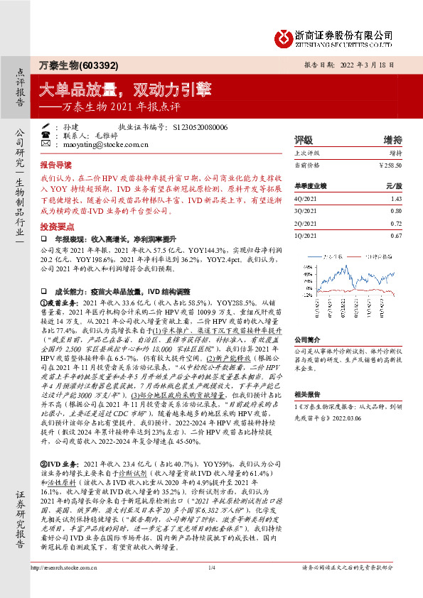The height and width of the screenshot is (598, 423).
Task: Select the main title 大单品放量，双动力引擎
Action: tap(124, 89)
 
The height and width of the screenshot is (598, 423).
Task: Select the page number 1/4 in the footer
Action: tap(211, 587)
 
